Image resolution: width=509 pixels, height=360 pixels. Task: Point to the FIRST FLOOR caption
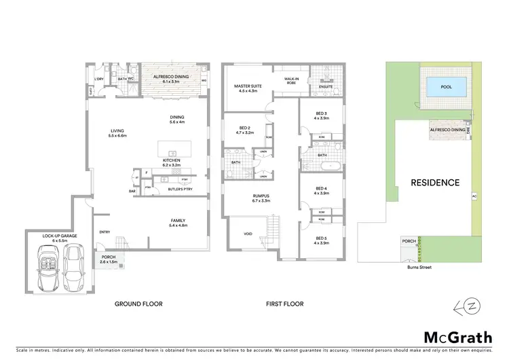point(284,304)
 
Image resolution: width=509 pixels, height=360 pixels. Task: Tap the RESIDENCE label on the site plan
point(435,183)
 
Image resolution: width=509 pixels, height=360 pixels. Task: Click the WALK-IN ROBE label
point(293,79)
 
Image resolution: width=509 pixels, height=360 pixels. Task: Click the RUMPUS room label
point(261,198)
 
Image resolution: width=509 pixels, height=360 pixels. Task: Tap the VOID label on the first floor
point(248,234)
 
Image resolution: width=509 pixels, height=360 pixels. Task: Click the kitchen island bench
point(174,149)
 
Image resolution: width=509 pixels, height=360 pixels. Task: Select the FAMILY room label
point(177,221)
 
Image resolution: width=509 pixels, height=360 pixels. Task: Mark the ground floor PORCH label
point(108,257)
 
